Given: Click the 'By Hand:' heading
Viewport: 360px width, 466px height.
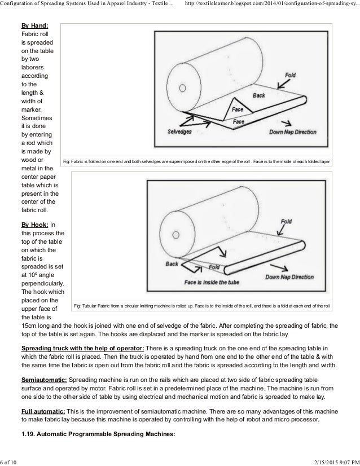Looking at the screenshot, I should (34, 25).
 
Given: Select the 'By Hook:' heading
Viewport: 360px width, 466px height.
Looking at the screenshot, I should (35, 224).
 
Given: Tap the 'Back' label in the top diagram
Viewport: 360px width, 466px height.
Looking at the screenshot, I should (258, 96).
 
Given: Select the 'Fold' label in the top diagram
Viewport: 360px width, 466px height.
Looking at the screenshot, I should (289, 75).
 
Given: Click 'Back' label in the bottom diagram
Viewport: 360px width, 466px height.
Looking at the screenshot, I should (172, 263).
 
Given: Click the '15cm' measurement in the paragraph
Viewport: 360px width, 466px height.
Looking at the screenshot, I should (30, 326).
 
